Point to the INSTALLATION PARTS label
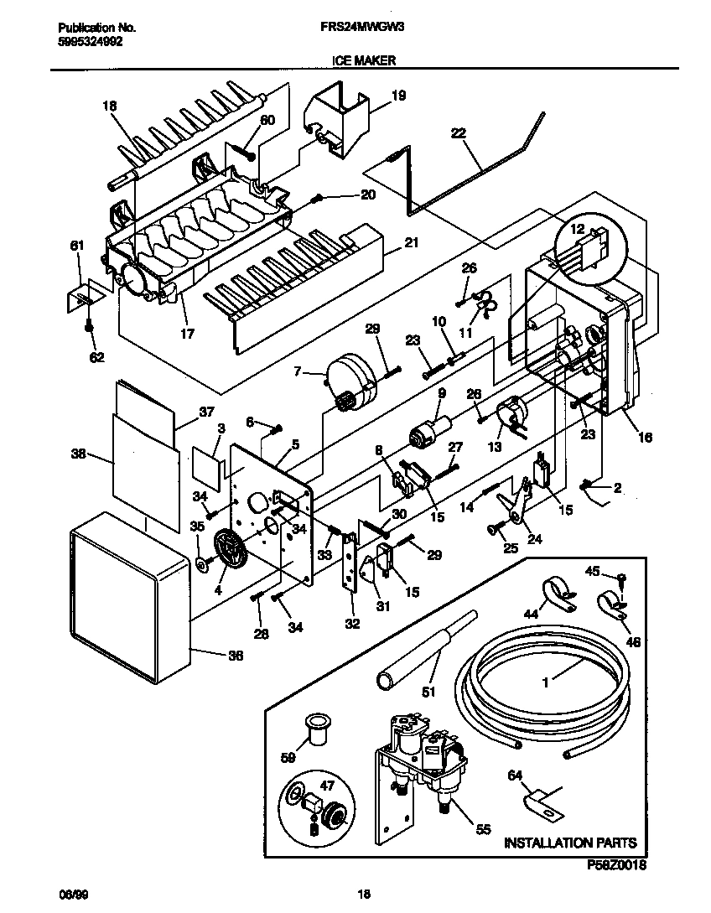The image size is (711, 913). click(x=569, y=843)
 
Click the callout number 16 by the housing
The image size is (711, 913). click(x=643, y=437)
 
